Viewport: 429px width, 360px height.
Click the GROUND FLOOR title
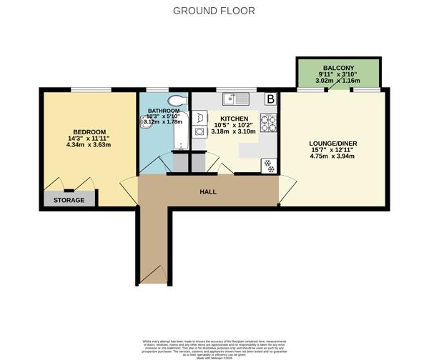214,11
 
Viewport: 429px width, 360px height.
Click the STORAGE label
69,200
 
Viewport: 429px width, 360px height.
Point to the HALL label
208,191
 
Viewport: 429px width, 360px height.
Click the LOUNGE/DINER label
332,143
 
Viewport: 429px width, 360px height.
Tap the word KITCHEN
234,118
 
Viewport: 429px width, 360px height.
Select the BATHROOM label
163,111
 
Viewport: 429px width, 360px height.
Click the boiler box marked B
270,99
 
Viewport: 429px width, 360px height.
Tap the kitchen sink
234,99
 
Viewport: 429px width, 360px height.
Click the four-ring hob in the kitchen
268,124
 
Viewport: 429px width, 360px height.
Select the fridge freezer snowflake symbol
269,165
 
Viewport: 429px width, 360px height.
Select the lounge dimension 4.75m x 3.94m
332,158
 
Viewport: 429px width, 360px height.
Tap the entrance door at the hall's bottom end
154,274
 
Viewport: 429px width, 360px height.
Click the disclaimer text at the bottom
214,346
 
